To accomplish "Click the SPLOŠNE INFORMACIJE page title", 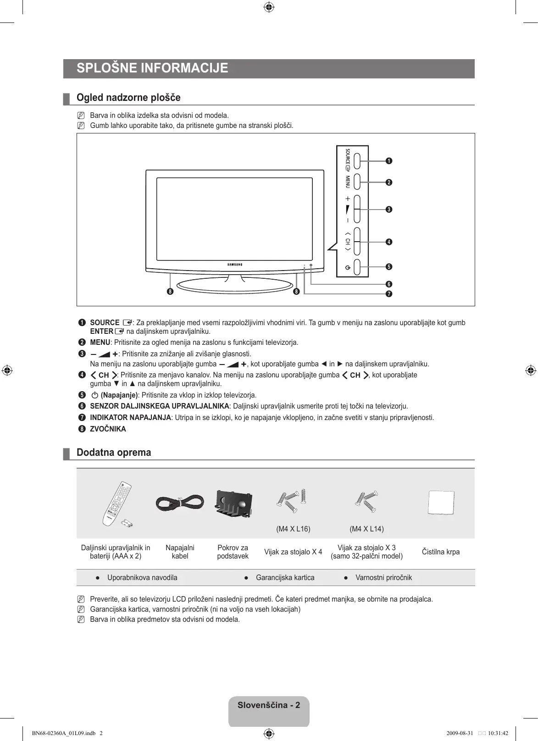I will pos(152,68).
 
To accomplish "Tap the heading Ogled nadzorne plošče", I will pos(128,98).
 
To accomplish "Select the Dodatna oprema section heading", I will pos(114,453).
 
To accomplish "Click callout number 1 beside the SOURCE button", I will pos(389,161).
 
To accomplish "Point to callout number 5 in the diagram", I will pos(389,267).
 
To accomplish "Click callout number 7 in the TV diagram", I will pos(389,294).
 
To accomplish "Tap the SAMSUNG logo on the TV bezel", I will pos(235,265).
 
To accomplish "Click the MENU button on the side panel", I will pos(361,182).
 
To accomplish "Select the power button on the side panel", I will pos(361,267).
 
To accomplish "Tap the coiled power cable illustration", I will pos(180,503).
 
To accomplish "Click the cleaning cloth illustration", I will pos(441,503).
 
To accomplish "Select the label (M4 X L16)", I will pos(293,529).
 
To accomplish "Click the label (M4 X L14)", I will pos(366,529).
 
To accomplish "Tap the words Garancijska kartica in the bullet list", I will pos(285,578).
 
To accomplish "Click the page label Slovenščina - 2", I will pos(269,705).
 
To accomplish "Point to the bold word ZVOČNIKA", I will pos(108,429).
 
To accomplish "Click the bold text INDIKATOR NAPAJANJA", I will pos(130,418).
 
